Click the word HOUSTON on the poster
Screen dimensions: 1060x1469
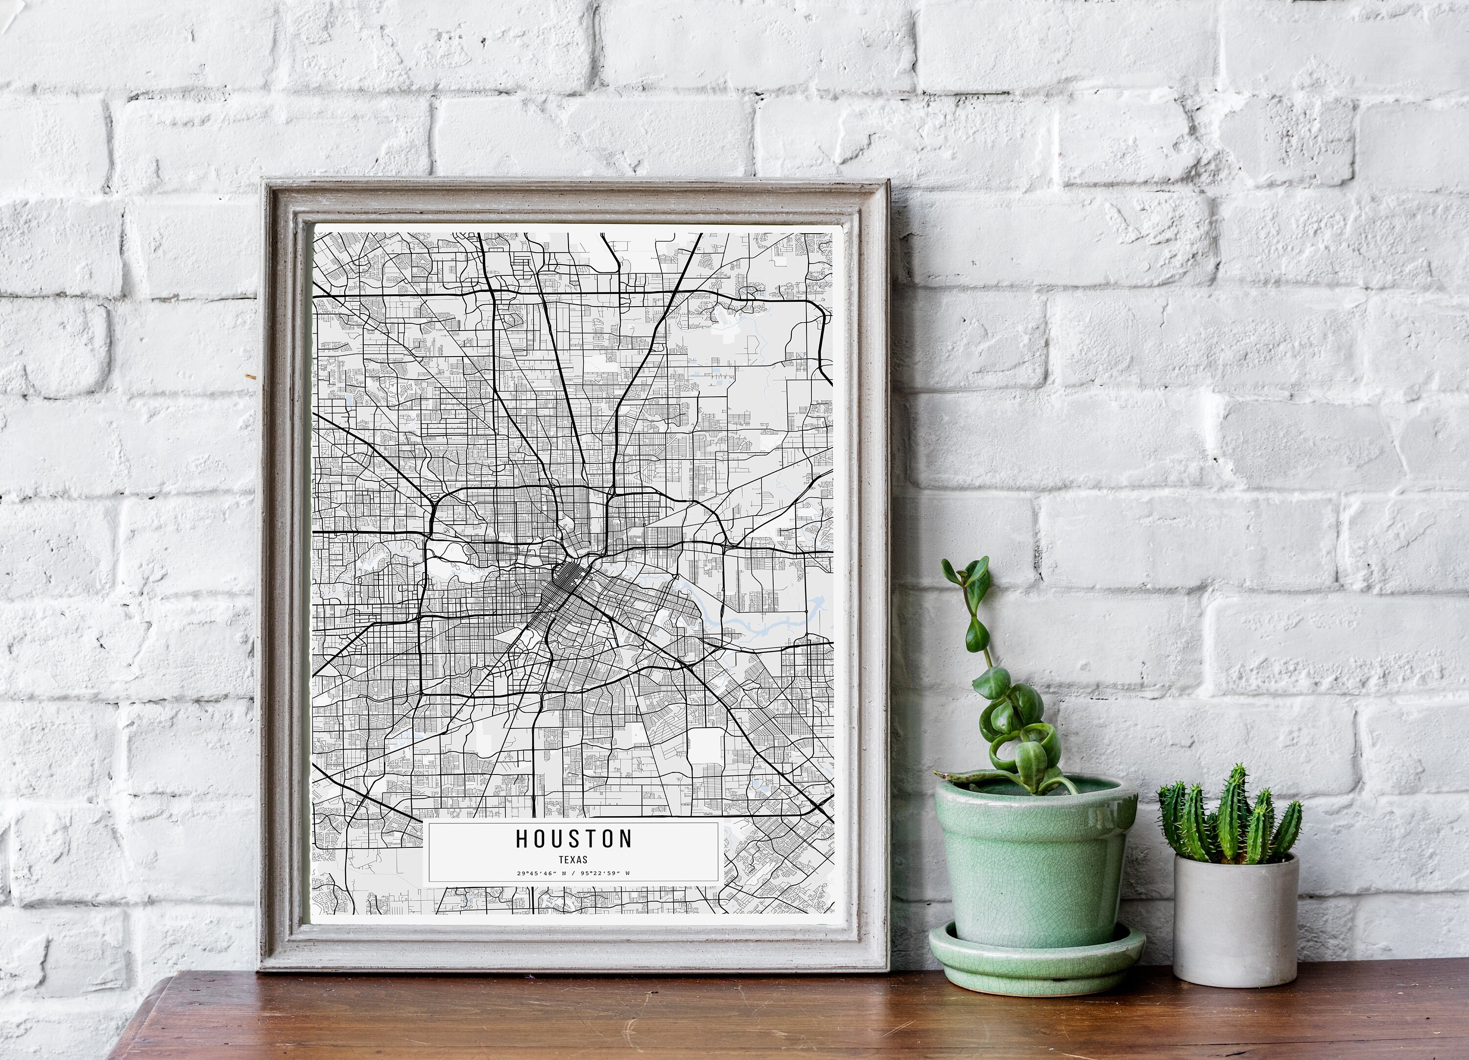pyautogui.click(x=574, y=839)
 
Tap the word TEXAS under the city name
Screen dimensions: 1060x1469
pyautogui.click(x=573, y=860)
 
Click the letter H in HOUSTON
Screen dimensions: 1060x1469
pyautogui.click(x=522, y=839)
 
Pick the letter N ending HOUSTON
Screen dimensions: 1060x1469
pyautogui.click(x=625, y=839)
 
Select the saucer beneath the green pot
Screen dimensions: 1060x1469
pyautogui.click(x=1036, y=959)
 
